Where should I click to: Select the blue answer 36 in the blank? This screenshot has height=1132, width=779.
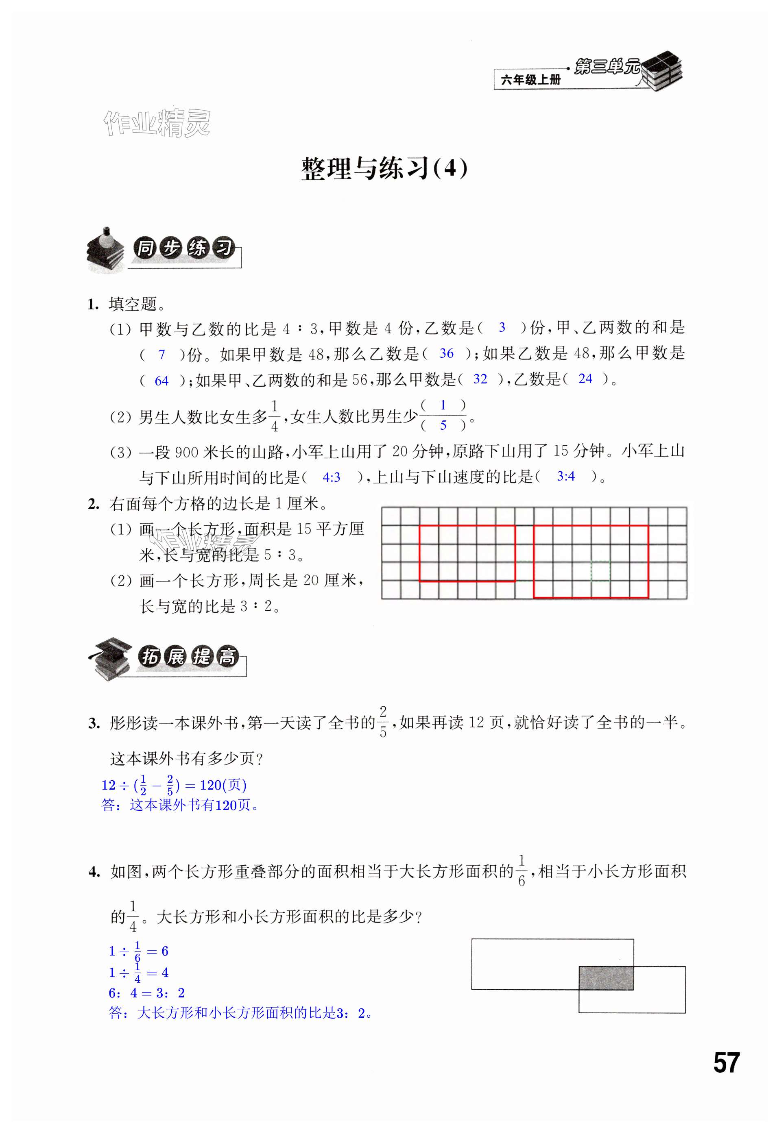(x=446, y=354)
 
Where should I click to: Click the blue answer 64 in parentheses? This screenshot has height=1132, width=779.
(x=161, y=381)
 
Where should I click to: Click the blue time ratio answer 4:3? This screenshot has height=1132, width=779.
(x=332, y=478)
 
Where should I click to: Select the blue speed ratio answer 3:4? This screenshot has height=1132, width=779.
(x=566, y=476)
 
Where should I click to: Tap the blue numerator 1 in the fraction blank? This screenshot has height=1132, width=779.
(x=443, y=405)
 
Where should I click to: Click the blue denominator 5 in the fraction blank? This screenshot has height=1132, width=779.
(x=443, y=425)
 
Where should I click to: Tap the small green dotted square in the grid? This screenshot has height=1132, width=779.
(x=600, y=571)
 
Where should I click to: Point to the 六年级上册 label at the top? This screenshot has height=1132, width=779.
(x=530, y=80)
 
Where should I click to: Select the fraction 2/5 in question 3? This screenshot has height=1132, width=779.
(x=383, y=721)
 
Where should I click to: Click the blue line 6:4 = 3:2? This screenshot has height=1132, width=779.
(x=146, y=993)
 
